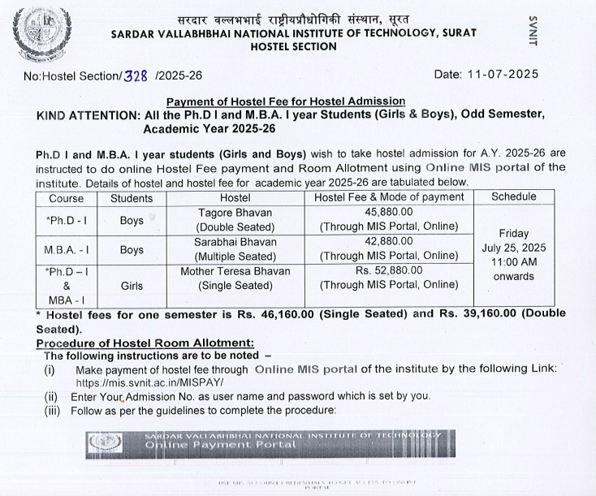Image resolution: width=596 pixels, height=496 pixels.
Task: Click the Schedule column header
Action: point(514,196)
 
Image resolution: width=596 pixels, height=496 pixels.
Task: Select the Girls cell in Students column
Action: point(132,285)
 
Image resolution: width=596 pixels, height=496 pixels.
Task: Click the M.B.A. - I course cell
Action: point(67,250)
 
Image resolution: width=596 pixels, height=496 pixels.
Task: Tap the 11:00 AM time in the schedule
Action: point(513,262)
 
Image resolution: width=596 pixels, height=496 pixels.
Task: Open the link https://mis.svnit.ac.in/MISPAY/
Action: point(149,382)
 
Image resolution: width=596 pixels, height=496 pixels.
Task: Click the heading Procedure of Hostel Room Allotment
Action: point(145,343)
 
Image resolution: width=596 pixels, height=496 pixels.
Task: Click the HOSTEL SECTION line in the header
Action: point(294,47)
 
